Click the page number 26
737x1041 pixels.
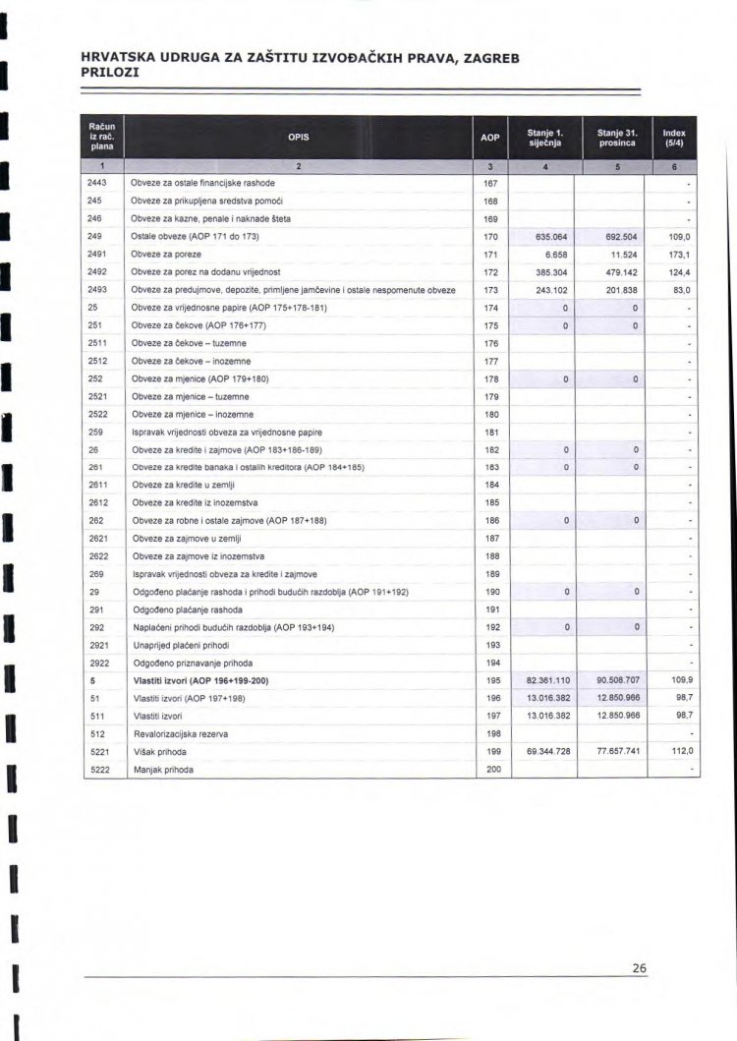click(639, 968)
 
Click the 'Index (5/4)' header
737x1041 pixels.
click(674, 138)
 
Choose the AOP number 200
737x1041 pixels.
click(492, 769)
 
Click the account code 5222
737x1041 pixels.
click(97, 769)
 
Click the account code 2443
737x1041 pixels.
click(96, 184)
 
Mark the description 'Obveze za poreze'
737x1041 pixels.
click(163, 255)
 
